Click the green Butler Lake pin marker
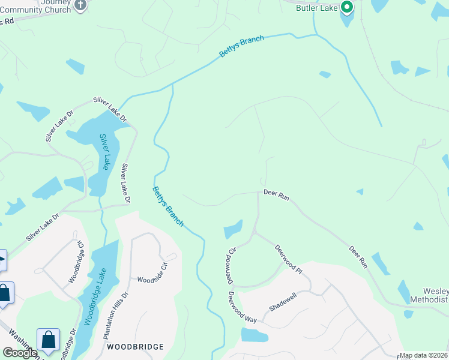pyautogui.click(x=346, y=7)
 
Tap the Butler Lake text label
pyautogui.click(x=317, y=8)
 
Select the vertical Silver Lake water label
pyautogui.click(x=104, y=152)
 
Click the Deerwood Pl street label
pyautogui.click(x=288, y=259)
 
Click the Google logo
pyautogui.click(x=20, y=353)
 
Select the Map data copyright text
pyautogui.click(x=424, y=355)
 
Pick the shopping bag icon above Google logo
pyautogui.click(x=47, y=340)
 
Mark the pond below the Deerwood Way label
pyautogui.click(x=254, y=335)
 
